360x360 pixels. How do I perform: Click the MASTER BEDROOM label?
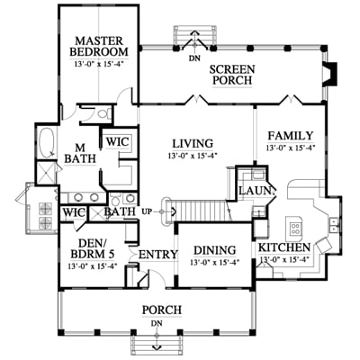pyautogui.click(x=99, y=46)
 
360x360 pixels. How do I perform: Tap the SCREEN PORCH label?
pyautogui.click(x=232, y=75)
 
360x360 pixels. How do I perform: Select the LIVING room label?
pyautogui.click(x=193, y=143)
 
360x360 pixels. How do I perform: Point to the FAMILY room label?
pyautogui.click(x=290, y=136)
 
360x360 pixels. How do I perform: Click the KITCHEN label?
pyautogui.click(x=284, y=247)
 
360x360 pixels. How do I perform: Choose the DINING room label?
pyautogui.click(x=214, y=250)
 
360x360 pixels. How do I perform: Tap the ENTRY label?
pyautogui.click(x=158, y=255)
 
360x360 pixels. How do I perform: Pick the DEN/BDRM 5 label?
pyautogui.click(x=93, y=248)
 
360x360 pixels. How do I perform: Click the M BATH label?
pyautogui.click(x=80, y=153)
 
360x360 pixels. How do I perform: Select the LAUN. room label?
pyautogui.click(x=257, y=190)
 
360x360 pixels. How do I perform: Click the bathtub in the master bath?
pyautogui.click(x=47, y=143)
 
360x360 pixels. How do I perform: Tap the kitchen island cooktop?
pyautogui.click(x=294, y=228)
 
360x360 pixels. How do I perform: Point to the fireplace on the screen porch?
pyautogui.click(x=330, y=74)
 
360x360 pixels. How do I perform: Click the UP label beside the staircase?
pyautogui.click(x=146, y=211)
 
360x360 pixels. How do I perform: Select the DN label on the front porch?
pyautogui.click(x=157, y=323)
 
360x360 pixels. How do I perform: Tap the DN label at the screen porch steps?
pyautogui.click(x=194, y=58)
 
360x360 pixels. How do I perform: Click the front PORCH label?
pyautogui.click(x=162, y=310)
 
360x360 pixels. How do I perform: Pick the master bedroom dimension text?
pyautogui.click(x=99, y=64)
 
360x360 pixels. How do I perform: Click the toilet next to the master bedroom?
pyautogui.click(x=103, y=113)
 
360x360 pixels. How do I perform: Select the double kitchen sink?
pyautogui.click(x=334, y=225)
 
